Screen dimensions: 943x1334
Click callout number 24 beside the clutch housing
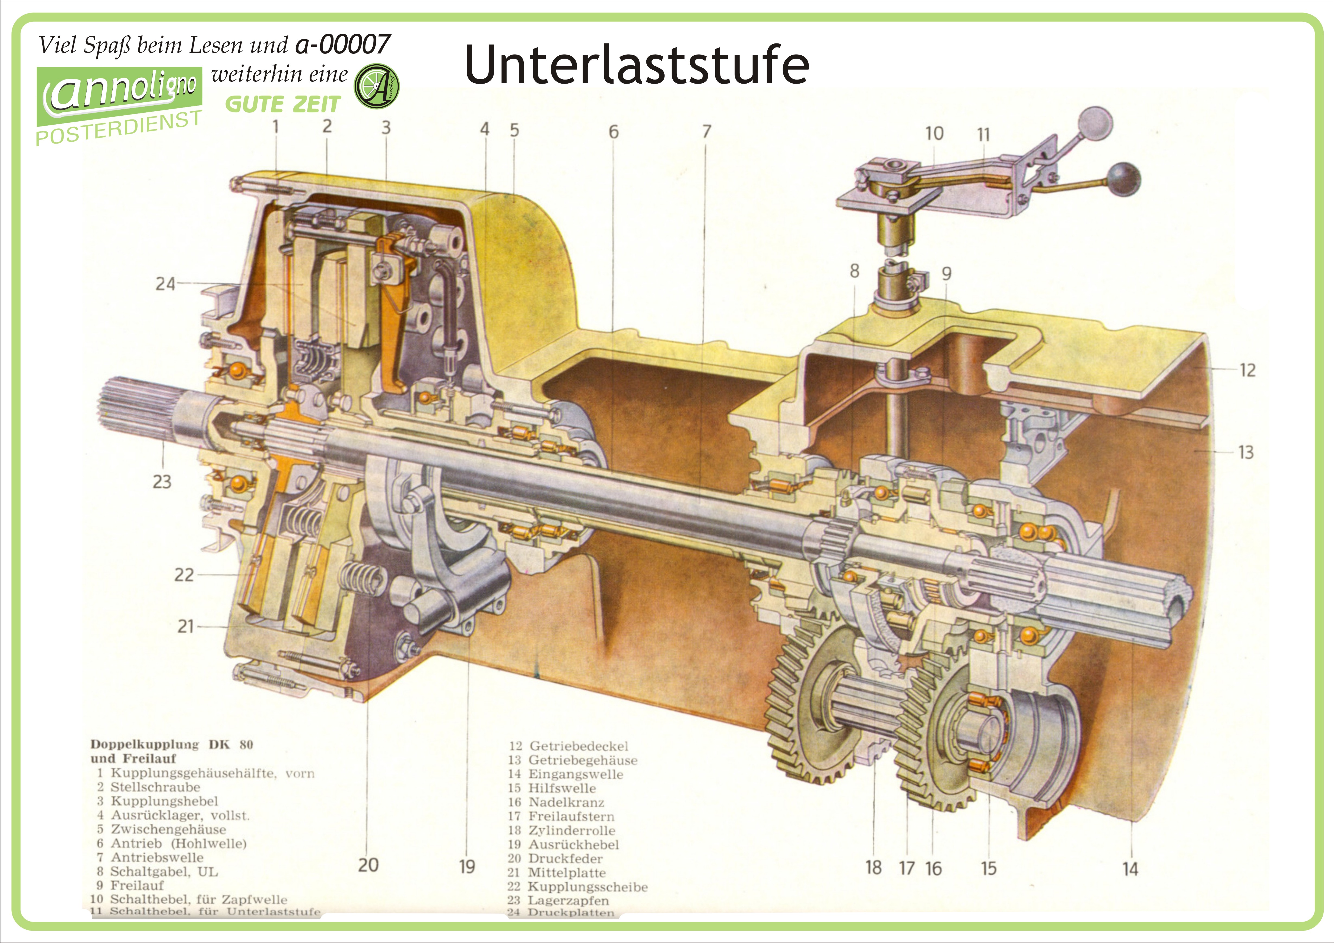coord(165,284)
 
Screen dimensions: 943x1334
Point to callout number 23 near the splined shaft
coord(162,482)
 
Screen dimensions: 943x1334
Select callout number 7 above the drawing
coord(706,132)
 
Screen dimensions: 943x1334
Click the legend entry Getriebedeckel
coord(578,746)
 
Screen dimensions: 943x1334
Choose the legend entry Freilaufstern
coord(571,816)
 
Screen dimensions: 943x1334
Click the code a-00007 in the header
coord(343,44)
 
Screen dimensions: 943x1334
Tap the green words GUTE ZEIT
coord(282,105)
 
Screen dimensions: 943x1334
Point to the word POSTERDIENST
coord(119,128)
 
